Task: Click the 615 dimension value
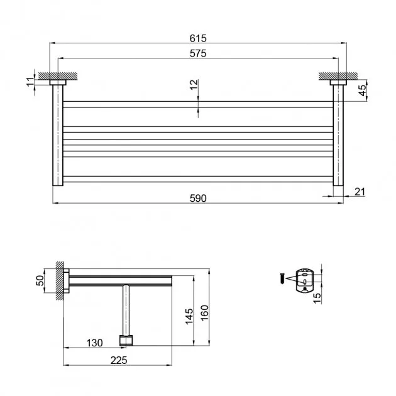(198, 38)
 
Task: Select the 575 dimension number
(198, 53)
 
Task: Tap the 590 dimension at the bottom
(198, 199)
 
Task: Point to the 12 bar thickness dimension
(194, 84)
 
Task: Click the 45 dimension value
(362, 90)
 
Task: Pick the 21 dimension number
(360, 192)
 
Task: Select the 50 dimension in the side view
(40, 280)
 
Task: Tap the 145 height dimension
(189, 316)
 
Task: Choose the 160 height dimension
(205, 313)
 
